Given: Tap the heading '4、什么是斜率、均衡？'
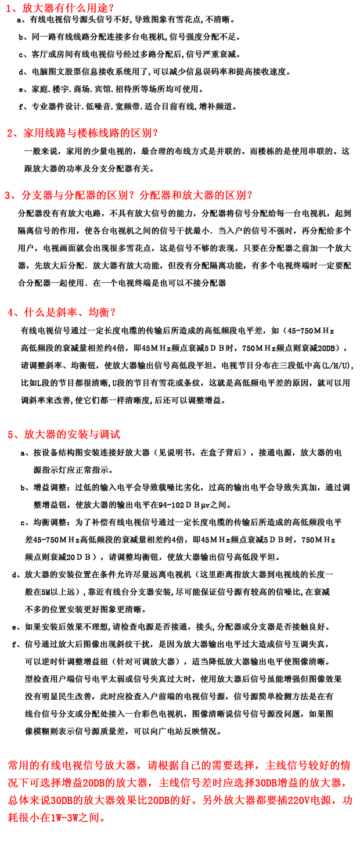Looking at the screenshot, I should click(62, 312).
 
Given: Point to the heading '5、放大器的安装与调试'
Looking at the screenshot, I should click(64, 434).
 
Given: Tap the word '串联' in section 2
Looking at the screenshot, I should click(323, 152).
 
